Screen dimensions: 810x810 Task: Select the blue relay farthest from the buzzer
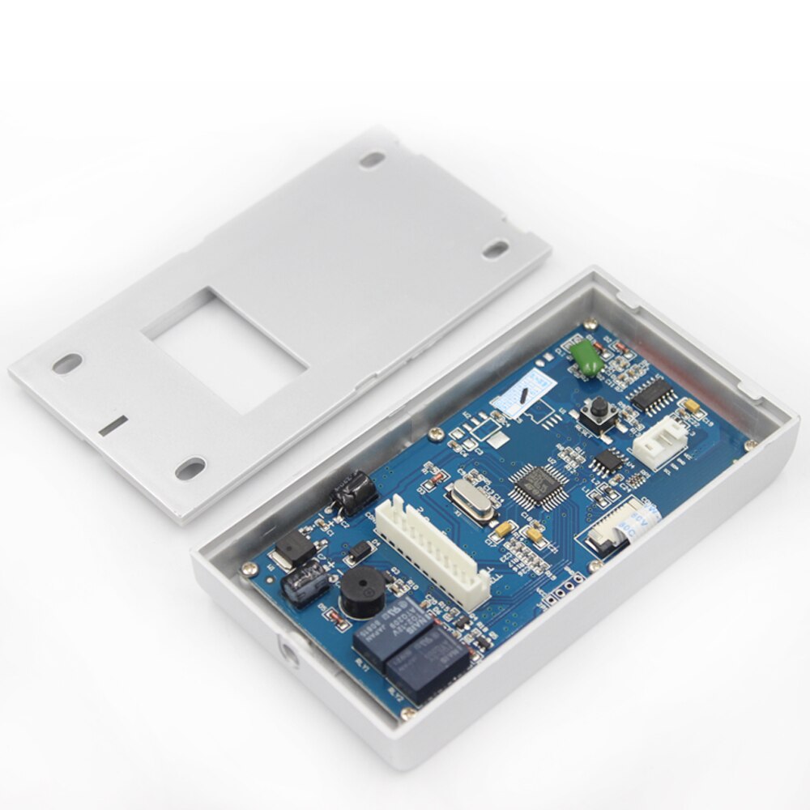(x=427, y=665)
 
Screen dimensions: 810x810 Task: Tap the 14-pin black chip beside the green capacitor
(x=654, y=394)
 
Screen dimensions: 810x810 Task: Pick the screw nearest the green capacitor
(x=590, y=324)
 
